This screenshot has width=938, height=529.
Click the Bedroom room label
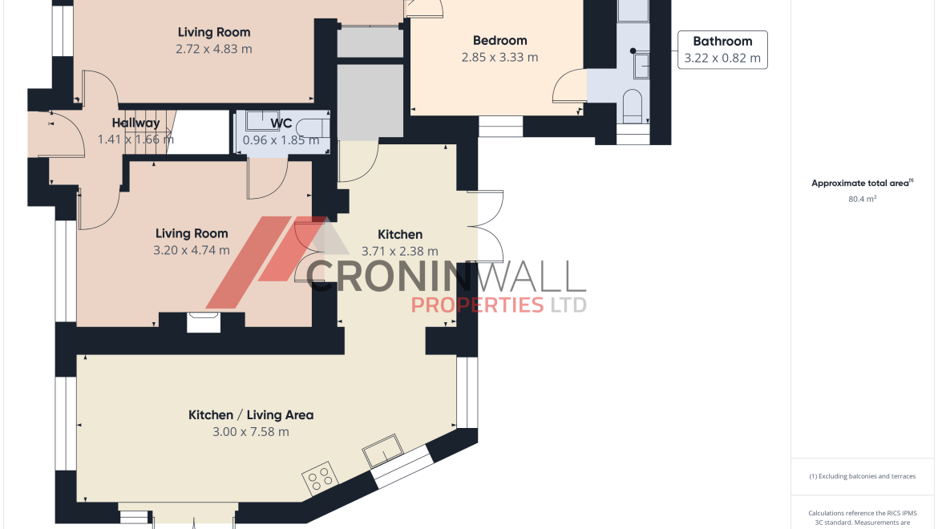[499, 41]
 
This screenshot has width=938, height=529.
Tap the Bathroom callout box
[722, 50]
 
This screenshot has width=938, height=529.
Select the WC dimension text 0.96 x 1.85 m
[281, 140]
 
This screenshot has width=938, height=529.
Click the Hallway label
[135, 123]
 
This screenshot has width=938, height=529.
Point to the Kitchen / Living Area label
[251, 415]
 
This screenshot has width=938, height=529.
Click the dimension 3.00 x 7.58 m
[251, 431]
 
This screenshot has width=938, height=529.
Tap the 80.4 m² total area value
[862, 199]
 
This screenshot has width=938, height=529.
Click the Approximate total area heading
[862, 183]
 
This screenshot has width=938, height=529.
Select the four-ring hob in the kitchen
[319, 478]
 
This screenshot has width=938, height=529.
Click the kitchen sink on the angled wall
[383, 450]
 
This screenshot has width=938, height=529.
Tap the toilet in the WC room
[313, 128]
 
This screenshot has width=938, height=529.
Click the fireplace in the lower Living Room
[204, 322]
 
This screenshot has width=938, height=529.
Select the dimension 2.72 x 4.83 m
[213, 49]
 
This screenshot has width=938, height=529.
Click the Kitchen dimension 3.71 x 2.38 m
[399, 251]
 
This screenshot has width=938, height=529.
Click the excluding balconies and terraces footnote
[862, 476]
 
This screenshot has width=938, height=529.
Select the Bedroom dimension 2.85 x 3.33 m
[499, 58]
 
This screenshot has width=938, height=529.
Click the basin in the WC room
[263, 120]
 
